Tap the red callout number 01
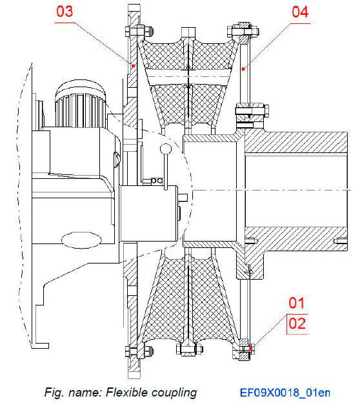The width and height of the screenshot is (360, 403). [x=296, y=302]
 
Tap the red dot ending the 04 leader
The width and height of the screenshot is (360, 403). [x=242, y=67]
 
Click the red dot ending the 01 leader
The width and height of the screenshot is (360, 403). [x=250, y=349]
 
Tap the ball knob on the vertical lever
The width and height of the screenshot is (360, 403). [x=166, y=150]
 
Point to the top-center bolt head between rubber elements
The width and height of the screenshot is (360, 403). [x=188, y=33]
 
